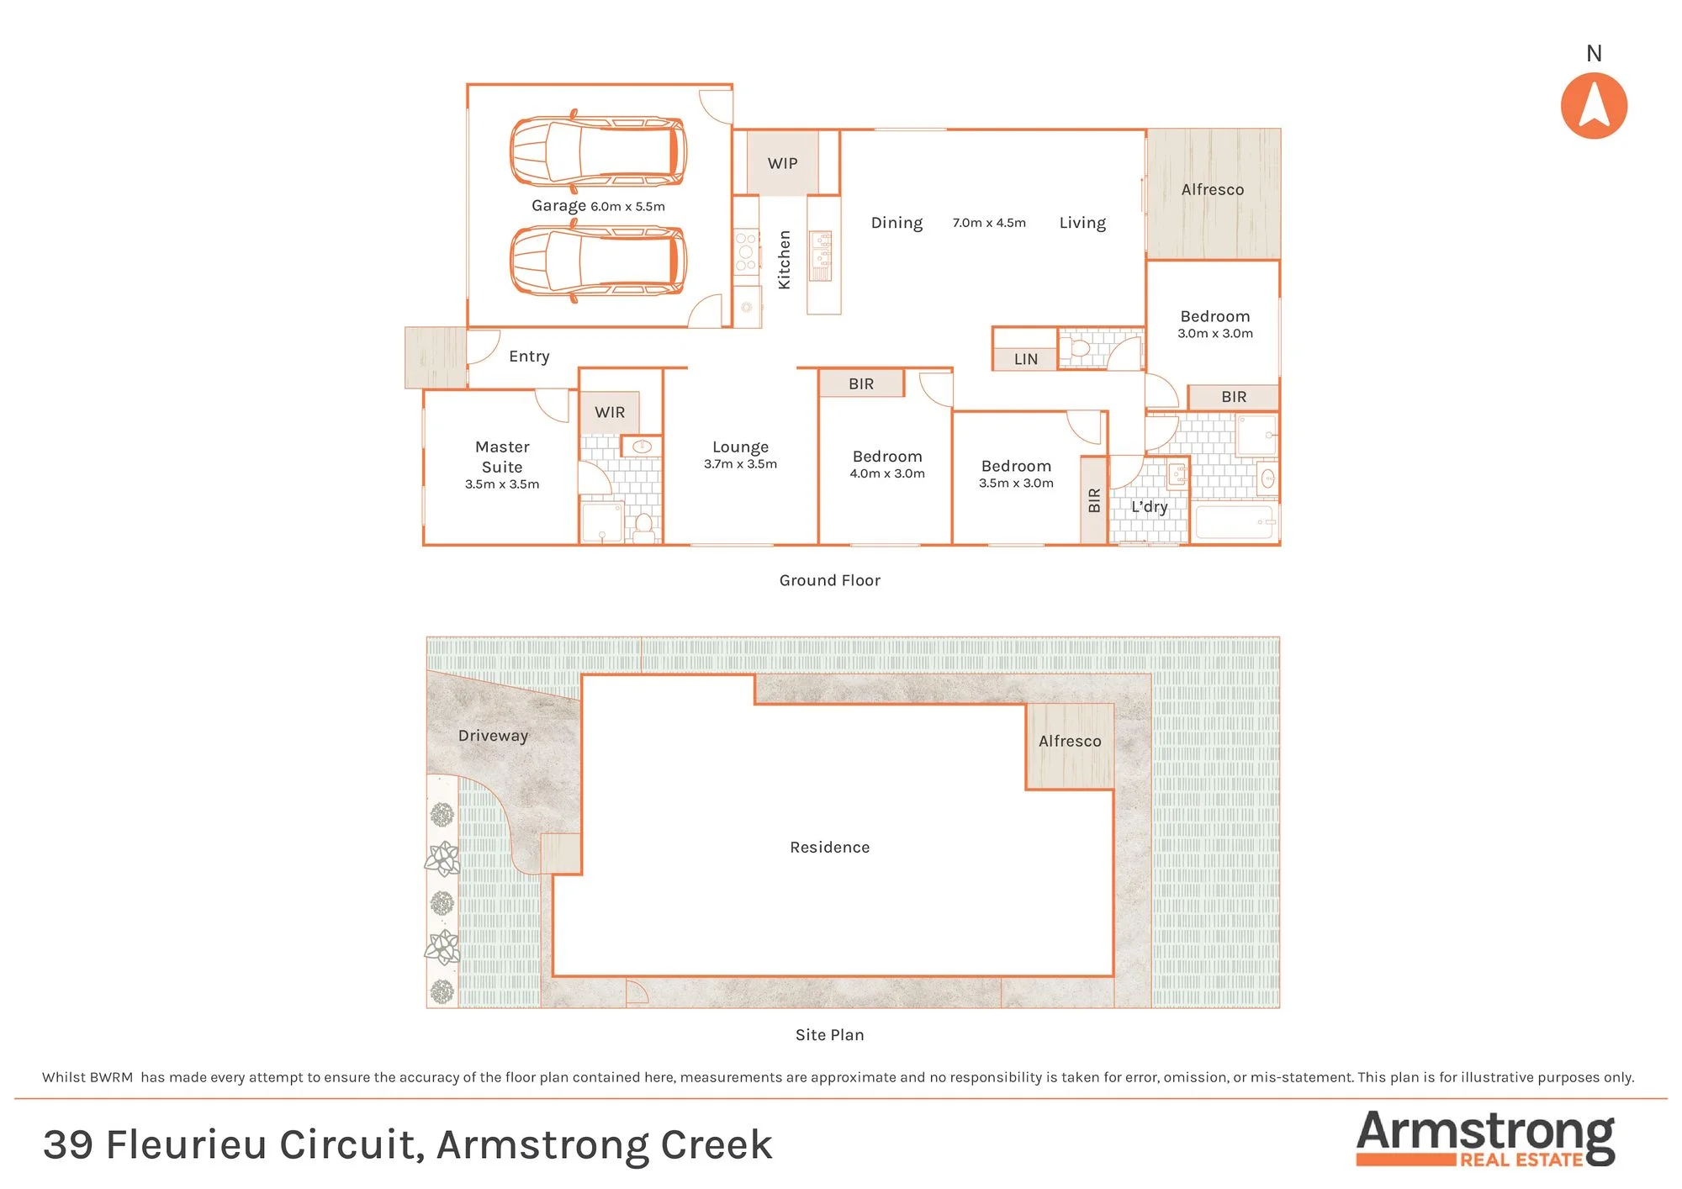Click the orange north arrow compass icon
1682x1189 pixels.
click(1594, 106)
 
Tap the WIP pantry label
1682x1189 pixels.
click(782, 163)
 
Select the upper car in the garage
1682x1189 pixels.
click(598, 151)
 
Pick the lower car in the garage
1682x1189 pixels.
click(598, 261)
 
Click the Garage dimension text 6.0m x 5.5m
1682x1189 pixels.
click(627, 207)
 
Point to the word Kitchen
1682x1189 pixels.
click(785, 260)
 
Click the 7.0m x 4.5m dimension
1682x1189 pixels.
click(989, 223)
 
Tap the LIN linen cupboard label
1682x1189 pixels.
click(1026, 359)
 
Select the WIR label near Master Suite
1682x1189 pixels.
click(610, 413)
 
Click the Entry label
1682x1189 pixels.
click(529, 357)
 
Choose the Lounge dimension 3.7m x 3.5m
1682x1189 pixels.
click(740, 464)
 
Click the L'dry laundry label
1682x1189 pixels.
click(1149, 507)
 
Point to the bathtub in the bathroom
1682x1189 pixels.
click(1234, 522)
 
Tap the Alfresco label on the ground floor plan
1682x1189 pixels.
click(1213, 190)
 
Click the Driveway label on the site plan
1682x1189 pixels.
click(493, 736)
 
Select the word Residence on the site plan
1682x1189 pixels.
click(829, 848)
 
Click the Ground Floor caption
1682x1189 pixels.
click(829, 580)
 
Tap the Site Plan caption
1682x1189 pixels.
click(829, 1035)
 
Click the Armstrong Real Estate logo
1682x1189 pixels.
click(1485, 1139)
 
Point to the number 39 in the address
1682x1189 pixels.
click(68, 1145)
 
